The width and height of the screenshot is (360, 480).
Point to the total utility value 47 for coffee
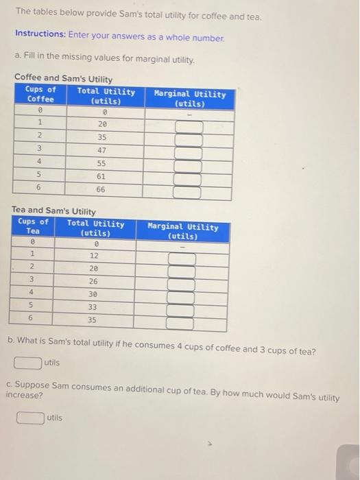(101, 149)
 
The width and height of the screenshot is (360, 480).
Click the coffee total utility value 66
(101, 189)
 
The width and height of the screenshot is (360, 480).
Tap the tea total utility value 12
(95, 255)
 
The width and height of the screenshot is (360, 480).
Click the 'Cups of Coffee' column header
(40, 95)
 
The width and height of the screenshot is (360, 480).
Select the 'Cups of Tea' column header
(33, 226)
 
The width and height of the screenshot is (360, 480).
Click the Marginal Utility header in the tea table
(182, 231)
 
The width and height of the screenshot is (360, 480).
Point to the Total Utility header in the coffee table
(106, 95)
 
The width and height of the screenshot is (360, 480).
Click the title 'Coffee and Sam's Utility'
(63, 79)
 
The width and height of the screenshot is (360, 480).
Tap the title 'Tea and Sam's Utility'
(53, 211)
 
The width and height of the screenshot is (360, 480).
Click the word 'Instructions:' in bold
(38, 33)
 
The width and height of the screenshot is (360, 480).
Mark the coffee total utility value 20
(102, 124)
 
